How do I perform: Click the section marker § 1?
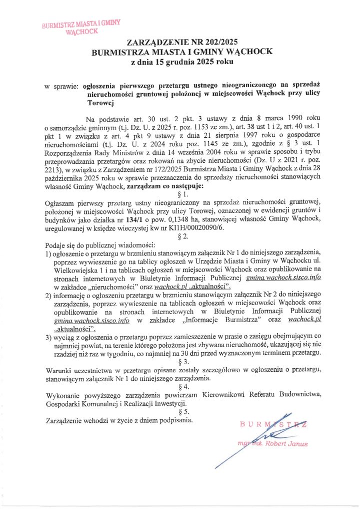(x=182, y=193)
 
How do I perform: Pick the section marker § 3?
(x=182, y=361)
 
